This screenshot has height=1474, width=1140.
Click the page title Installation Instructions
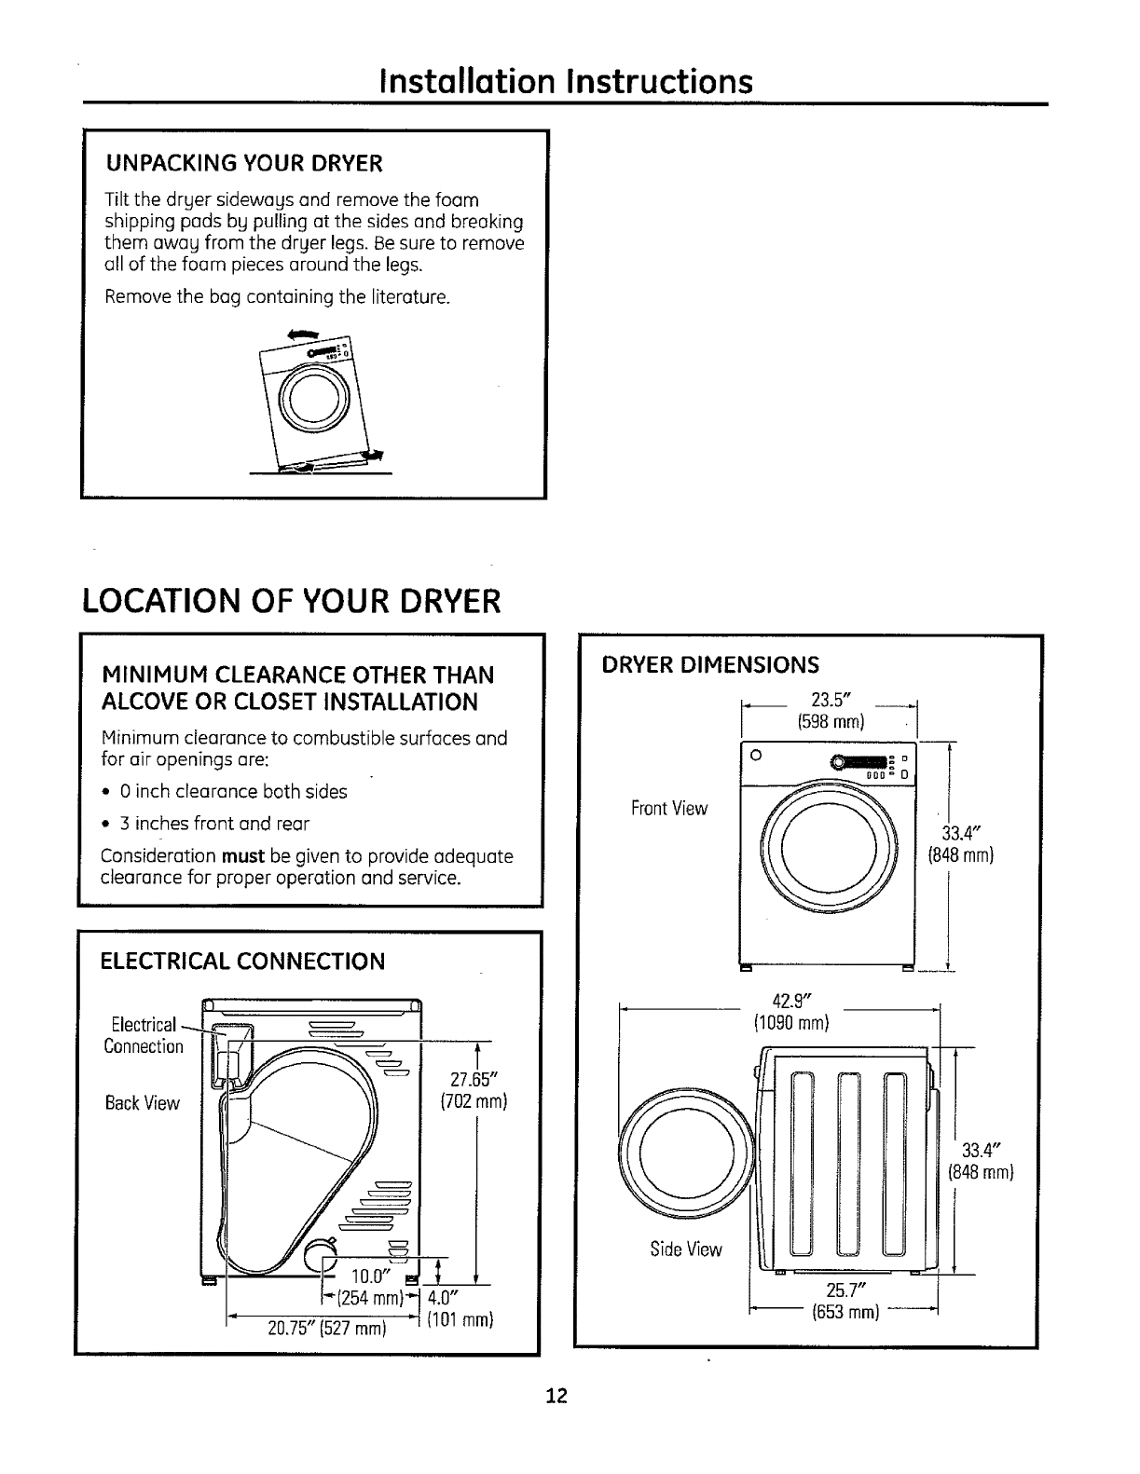[x=566, y=81]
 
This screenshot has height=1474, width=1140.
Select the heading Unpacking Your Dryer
[x=243, y=165]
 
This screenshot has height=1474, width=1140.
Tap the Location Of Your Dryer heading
[x=292, y=601]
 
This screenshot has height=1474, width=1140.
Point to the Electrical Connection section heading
[x=242, y=961]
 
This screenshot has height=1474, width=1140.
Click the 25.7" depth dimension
[x=846, y=1290]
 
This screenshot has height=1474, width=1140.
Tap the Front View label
[x=668, y=809]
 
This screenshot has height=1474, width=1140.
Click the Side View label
[x=685, y=1249]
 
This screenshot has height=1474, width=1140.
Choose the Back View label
[x=142, y=1103]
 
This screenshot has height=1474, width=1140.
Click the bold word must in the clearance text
[x=244, y=856]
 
